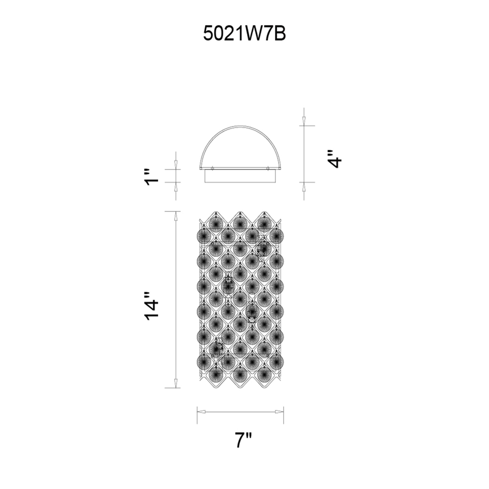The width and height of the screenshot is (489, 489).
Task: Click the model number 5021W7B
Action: pos(244,34)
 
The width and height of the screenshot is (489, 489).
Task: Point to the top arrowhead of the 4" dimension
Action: pos(304,120)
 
